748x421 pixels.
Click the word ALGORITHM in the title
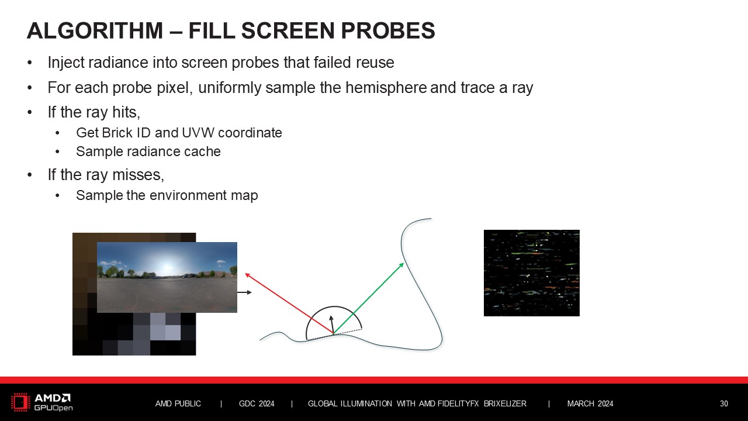pos(95,30)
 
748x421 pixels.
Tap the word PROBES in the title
pos(388,30)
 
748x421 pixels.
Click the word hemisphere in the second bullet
pos(386,88)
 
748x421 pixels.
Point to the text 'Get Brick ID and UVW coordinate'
pos(179,133)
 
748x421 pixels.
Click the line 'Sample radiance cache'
pos(148,151)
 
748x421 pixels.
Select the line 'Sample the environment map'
pos(167,195)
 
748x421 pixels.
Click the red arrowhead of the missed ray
pos(247,275)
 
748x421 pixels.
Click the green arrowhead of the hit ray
pos(401,265)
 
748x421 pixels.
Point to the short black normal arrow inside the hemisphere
pos(331,324)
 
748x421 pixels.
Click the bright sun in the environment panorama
pos(167,266)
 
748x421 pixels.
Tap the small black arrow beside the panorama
pos(244,292)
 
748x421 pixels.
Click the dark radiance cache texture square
pos(532,273)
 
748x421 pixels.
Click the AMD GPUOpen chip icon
pos(20,402)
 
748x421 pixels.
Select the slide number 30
pos(723,403)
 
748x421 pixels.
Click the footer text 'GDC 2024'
pos(257,403)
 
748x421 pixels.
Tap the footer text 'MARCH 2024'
pos(590,403)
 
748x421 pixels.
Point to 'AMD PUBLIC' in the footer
pos(178,403)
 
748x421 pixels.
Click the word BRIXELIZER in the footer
pos(505,403)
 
